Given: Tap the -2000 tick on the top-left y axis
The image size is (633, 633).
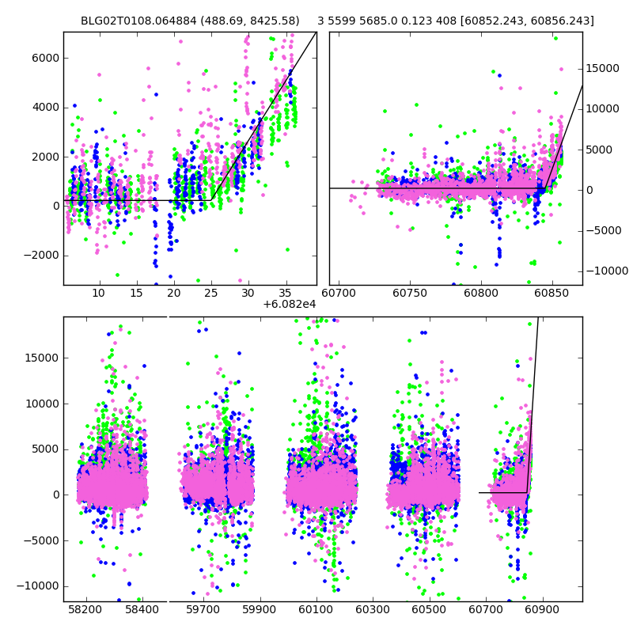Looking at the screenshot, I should pos(40,255).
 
